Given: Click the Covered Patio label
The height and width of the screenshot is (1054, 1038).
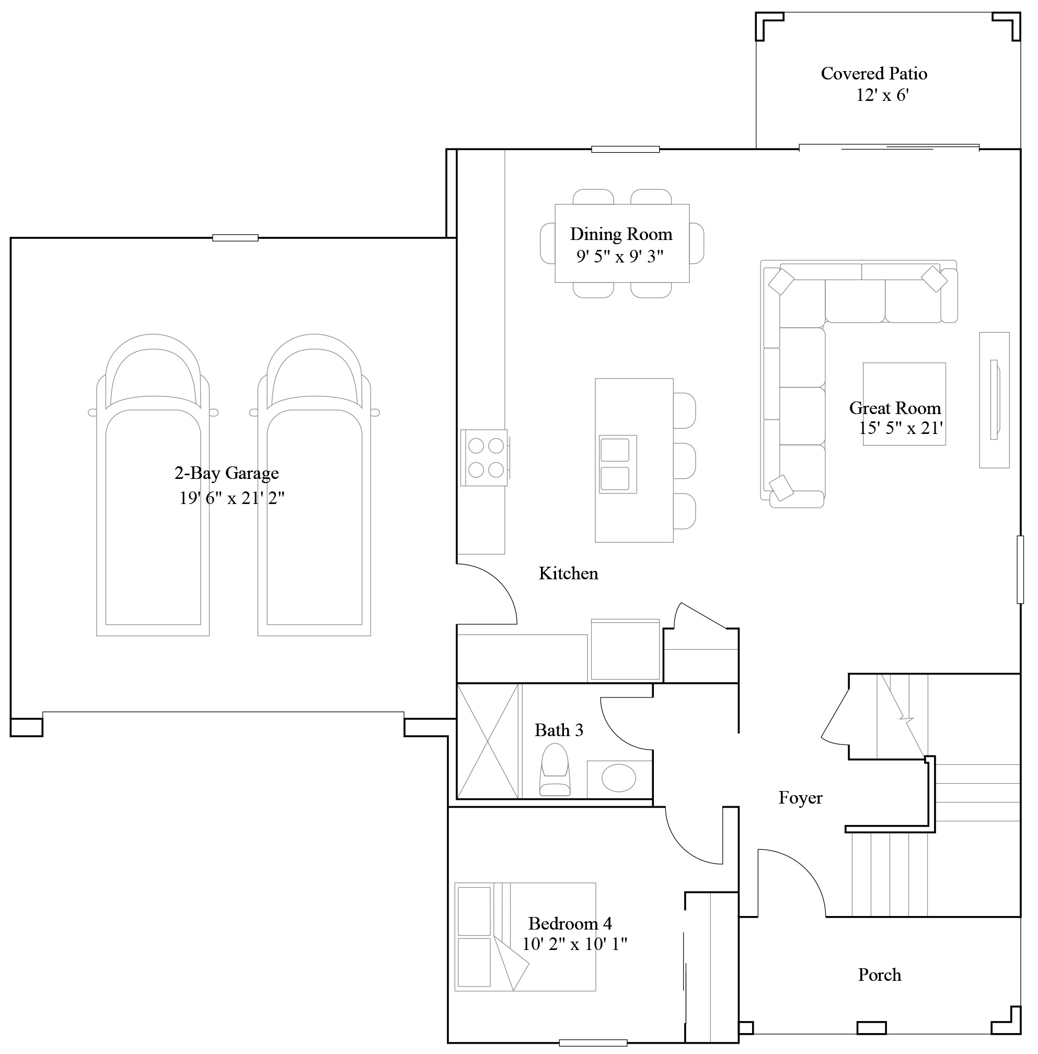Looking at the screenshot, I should (x=873, y=73).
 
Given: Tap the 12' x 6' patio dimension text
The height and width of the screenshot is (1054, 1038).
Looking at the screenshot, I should (x=882, y=96).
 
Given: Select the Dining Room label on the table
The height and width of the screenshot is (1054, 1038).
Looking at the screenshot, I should (x=621, y=234).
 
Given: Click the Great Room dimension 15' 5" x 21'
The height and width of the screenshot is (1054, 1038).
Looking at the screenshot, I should (x=901, y=428).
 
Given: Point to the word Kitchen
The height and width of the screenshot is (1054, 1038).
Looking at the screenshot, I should (x=568, y=573).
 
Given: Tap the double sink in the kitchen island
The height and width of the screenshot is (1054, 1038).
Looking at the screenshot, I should (x=617, y=464).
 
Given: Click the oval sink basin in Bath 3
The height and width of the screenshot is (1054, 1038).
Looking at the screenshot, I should (x=618, y=777).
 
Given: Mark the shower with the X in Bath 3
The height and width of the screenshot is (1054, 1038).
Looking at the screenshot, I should (x=488, y=741).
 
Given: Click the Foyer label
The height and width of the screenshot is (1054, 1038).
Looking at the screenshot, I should (x=800, y=798).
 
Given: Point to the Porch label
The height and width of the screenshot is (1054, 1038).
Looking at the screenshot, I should (x=879, y=975).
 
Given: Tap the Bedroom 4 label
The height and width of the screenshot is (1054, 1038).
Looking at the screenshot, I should (x=570, y=923).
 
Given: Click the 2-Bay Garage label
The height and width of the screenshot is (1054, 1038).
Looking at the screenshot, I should (x=226, y=473).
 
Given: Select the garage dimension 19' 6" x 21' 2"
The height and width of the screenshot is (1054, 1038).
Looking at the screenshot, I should (x=232, y=497).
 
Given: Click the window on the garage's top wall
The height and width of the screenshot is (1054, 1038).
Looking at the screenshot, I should (x=235, y=238).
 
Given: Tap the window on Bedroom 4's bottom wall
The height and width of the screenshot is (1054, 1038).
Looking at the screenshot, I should (x=593, y=1043).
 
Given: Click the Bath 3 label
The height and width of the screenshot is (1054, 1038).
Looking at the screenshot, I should (x=558, y=730).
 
